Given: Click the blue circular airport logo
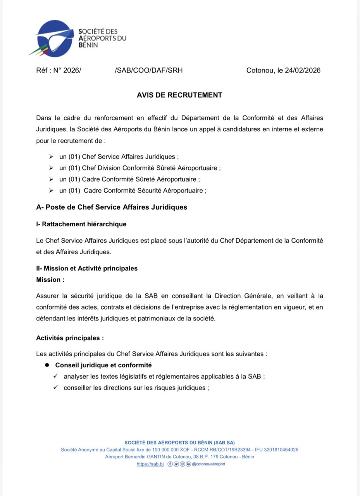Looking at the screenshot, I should coord(55,38).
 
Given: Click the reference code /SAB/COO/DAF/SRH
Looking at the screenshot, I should coord(149,71).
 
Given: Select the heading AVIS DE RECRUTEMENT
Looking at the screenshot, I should coord(179,95).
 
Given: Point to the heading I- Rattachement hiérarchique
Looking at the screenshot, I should coord(81,224).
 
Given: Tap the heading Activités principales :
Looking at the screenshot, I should coord(70,338).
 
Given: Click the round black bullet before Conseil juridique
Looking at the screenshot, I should coord(47,365).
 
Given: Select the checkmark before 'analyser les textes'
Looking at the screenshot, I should coord(56,376).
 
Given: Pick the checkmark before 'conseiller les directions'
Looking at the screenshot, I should coord(56,387).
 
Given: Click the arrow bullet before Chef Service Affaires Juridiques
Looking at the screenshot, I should coord(51,157).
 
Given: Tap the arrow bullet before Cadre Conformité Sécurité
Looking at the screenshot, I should coord(51,190).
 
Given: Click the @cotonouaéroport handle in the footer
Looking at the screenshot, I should coord(208,464).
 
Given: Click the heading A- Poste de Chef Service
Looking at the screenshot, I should coord(112,207).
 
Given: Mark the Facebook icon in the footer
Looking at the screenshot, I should coord(170,464).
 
